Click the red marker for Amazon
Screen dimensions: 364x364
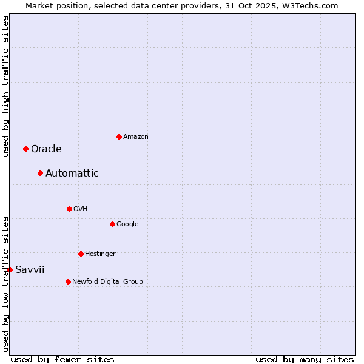tap(119, 136)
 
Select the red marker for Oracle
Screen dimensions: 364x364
tap(25, 149)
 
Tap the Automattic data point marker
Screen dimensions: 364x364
tap(40, 173)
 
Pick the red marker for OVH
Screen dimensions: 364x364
tap(69, 209)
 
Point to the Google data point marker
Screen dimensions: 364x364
tap(112, 224)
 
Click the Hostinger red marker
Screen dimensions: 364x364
tap(81, 254)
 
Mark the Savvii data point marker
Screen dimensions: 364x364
tap(10, 269)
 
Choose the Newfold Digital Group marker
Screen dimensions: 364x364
tap(68, 281)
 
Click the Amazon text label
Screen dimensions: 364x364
tap(136, 137)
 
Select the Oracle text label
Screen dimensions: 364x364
tap(46, 149)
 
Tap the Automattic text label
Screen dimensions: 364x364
tap(72, 174)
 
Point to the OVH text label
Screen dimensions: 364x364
tap(81, 209)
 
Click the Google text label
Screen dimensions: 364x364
tap(127, 224)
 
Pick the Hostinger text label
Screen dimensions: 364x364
tap(100, 254)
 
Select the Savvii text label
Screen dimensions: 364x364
tap(30, 270)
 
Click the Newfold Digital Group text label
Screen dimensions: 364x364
tap(107, 282)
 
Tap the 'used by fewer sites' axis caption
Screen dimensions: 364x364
tap(62, 360)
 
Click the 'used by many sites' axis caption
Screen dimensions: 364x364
tap(305, 360)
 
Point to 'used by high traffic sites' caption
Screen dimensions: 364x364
tap(5, 86)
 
